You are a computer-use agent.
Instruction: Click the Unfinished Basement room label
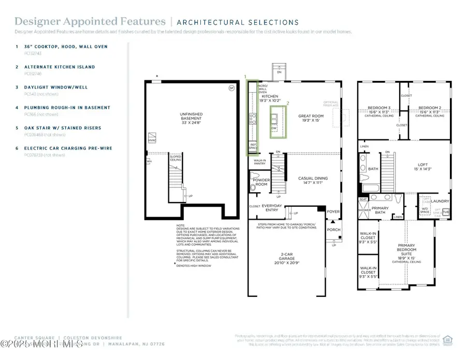click(191, 118)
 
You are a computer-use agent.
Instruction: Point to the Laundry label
click(440, 201)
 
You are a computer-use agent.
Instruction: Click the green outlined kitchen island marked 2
click(278, 122)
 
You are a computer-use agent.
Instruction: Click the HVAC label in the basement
click(152, 139)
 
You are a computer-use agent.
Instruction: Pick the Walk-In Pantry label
click(259, 162)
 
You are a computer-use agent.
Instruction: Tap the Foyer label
click(332, 212)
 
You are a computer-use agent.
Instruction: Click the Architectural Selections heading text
click(238, 22)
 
